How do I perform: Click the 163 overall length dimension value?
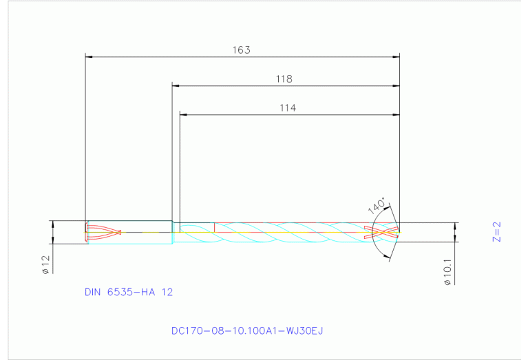242,50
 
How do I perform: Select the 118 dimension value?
284,79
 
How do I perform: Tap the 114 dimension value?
288,107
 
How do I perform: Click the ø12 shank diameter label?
45,265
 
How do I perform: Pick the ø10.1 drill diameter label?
447,272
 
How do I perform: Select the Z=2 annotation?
498,232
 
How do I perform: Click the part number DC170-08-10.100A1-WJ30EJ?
247,330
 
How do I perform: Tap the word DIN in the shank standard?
92,292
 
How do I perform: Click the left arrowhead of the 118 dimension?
176,85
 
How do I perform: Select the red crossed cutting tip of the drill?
384,233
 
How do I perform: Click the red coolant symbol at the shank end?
103,233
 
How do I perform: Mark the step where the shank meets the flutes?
173,233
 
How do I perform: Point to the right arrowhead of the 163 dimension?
396,57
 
